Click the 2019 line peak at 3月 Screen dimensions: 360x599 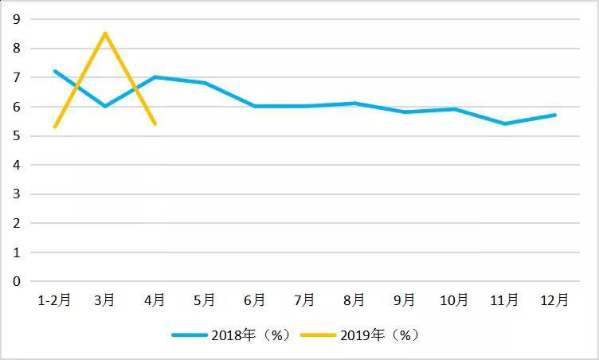point(104,33)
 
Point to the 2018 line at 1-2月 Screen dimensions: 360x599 point(54,71)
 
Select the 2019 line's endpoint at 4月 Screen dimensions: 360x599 point(155,123)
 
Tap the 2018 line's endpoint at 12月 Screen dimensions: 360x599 point(555,115)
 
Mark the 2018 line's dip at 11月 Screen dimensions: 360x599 point(505,123)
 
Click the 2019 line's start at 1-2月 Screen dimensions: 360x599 point(54,127)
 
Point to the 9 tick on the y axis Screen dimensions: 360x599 point(16,19)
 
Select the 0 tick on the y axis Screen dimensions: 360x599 point(16,281)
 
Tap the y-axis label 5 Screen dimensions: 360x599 point(16,135)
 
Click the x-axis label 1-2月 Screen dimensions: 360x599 point(54,300)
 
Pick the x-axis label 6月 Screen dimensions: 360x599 point(255,300)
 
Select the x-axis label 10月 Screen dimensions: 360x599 point(455,300)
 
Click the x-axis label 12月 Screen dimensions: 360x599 point(555,300)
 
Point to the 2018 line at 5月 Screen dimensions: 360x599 point(205,83)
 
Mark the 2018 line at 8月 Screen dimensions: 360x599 point(354,103)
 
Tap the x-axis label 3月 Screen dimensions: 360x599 point(104,300)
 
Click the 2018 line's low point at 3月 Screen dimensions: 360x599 point(104,106)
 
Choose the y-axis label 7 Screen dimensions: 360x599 point(16,77)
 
